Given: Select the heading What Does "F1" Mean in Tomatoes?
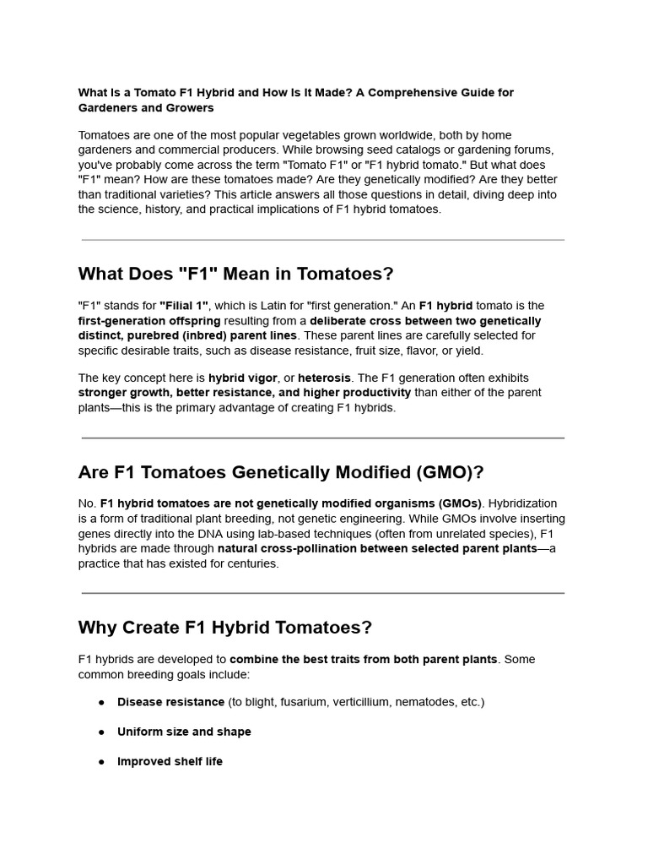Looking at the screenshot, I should click(x=235, y=274).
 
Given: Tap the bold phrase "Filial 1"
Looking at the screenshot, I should click(x=184, y=306).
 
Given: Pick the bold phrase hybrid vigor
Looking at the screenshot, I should click(x=243, y=378).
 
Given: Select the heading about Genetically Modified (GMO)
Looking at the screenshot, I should click(x=280, y=471).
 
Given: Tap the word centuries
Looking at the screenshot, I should click(x=250, y=564).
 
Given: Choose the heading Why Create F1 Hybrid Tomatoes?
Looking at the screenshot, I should click(x=224, y=628).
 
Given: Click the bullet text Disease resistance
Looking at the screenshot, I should click(x=170, y=702).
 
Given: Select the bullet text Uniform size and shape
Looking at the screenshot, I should click(x=184, y=732).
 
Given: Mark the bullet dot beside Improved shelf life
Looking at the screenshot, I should click(x=101, y=762).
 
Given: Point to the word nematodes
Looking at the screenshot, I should click(x=428, y=702).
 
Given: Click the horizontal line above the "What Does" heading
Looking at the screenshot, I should click(x=323, y=240).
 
